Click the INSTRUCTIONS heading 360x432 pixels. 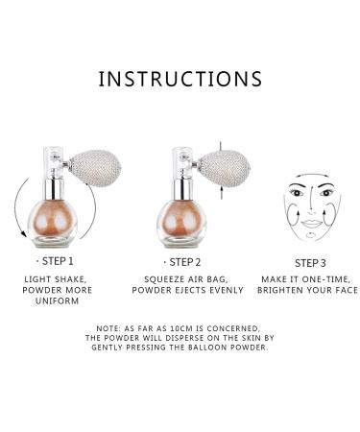coord(180,79)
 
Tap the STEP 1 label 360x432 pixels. coord(58,261)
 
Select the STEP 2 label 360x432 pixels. coord(184,262)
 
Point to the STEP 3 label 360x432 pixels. coord(310,263)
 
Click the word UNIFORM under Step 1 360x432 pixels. coord(58,300)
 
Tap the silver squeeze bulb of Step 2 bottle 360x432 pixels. coord(224,169)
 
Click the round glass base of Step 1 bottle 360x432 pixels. coord(53,223)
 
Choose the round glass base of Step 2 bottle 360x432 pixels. coord(181,224)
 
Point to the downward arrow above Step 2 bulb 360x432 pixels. coord(221,146)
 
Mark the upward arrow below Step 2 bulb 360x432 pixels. coord(221,193)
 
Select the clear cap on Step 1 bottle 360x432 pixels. coord(53,162)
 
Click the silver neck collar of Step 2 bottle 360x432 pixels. coord(181,190)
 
